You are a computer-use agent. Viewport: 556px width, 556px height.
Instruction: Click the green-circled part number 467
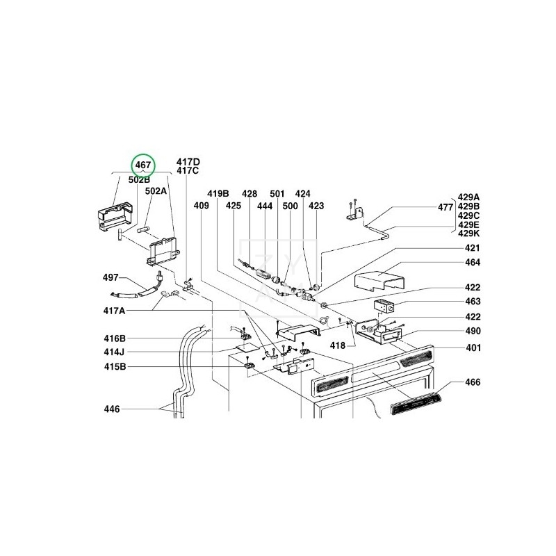click(x=143, y=165)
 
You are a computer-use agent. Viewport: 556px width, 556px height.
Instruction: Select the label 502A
click(x=156, y=190)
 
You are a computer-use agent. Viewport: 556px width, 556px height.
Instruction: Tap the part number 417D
click(x=188, y=161)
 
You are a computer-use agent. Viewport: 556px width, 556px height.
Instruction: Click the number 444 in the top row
click(x=265, y=206)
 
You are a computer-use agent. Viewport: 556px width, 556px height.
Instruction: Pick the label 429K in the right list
click(x=469, y=234)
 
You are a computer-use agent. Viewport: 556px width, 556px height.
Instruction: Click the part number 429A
click(x=469, y=197)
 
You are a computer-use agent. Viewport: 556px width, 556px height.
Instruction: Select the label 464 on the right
click(x=473, y=262)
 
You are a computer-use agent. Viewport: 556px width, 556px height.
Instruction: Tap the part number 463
click(x=473, y=302)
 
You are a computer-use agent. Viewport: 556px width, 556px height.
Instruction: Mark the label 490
click(x=473, y=332)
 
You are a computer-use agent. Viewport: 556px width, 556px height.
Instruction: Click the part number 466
click(x=473, y=382)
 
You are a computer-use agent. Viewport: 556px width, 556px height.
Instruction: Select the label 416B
click(x=115, y=338)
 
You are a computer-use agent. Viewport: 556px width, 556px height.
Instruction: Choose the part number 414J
click(x=115, y=352)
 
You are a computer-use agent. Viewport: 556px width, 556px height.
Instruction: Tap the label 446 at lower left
click(x=111, y=409)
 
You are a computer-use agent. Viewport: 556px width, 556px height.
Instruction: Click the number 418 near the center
click(x=338, y=345)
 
